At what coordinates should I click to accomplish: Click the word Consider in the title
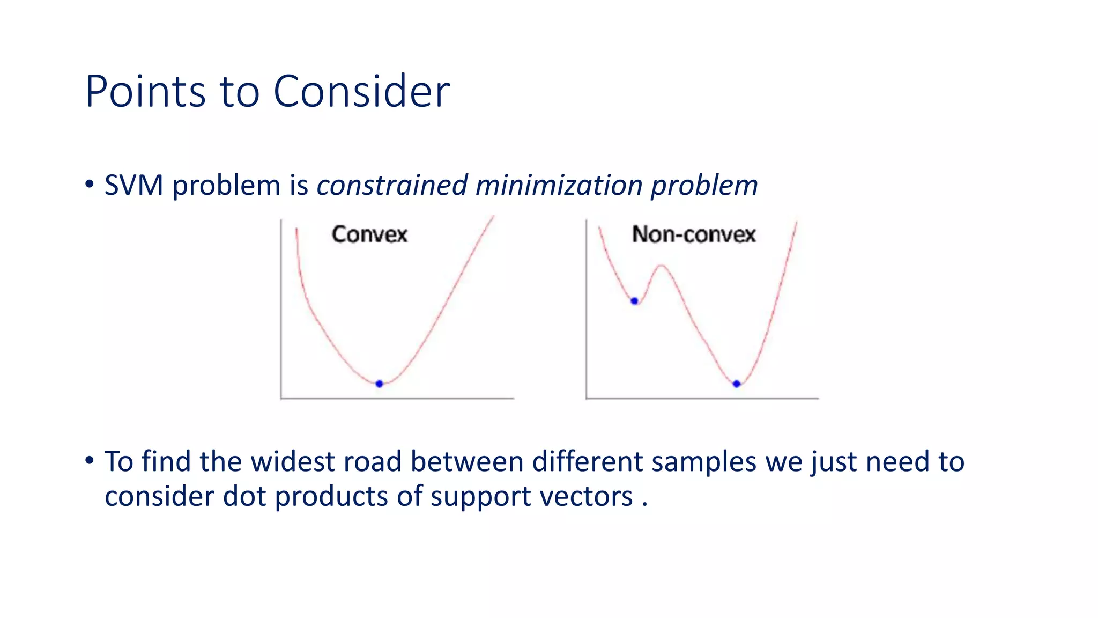pos(361,91)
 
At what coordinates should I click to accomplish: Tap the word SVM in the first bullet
pos(133,186)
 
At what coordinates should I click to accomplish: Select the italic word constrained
pos(392,186)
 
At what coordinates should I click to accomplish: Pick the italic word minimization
pos(559,186)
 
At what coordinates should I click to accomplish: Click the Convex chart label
pos(369,234)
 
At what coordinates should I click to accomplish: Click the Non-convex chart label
pos(694,234)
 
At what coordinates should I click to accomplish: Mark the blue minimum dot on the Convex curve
pos(379,384)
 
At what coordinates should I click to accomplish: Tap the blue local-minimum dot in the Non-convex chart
pos(634,301)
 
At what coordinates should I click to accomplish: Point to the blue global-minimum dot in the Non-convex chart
pos(736,384)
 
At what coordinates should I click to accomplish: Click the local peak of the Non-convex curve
pos(662,266)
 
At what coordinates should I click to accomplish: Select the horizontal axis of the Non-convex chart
pos(702,398)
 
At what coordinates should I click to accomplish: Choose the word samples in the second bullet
pos(703,462)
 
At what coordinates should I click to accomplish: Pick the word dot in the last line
pos(244,496)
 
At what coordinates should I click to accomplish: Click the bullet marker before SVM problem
pos(90,184)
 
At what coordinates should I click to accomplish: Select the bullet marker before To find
pos(90,460)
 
